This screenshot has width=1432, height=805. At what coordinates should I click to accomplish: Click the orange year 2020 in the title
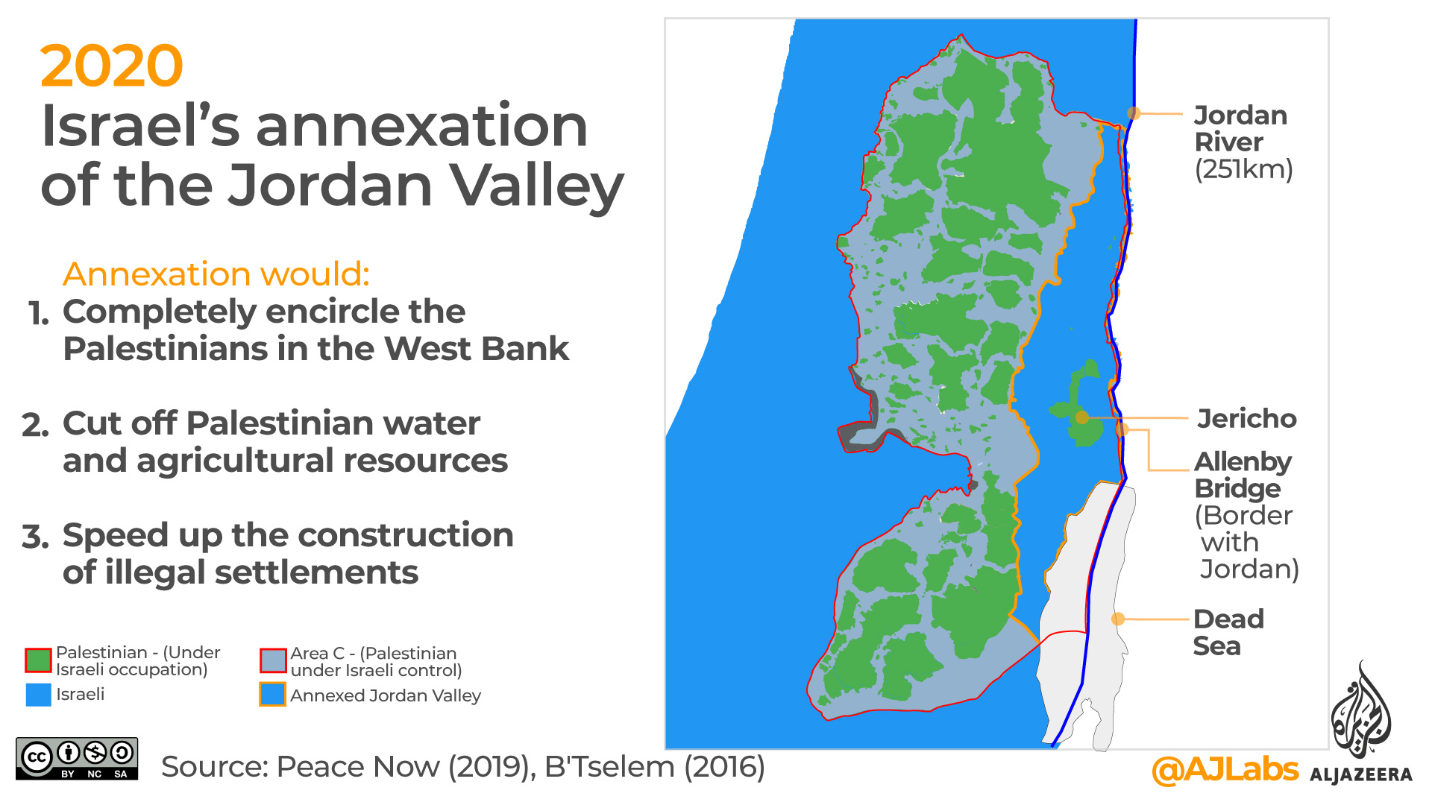tap(111, 66)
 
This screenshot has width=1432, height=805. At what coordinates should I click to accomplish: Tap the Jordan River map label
tap(1240, 128)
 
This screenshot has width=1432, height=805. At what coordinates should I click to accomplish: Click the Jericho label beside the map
tap(1246, 418)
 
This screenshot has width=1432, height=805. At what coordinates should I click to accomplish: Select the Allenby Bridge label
tap(1242, 475)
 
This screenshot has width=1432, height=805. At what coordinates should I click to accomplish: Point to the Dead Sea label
tap(1228, 632)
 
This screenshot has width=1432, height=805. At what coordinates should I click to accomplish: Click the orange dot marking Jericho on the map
tap(1082, 418)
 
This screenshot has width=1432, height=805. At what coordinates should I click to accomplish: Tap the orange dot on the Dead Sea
tap(1117, 619)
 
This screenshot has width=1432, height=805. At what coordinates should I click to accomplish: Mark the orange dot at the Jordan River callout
tap(1134, 113)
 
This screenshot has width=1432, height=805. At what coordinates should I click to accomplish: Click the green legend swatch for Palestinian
tap(38, 660)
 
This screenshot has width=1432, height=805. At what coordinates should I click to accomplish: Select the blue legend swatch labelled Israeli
tap(38, 695)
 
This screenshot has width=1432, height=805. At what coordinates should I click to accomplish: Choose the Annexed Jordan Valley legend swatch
tap(273, 695)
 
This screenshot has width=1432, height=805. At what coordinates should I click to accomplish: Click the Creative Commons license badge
tap(77, 759)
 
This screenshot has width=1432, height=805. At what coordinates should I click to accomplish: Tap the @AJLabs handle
tap(1225, 769)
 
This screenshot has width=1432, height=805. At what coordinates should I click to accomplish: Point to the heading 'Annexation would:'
tap(216, 274)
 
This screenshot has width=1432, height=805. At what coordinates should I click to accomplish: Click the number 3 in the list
tap(35, 537)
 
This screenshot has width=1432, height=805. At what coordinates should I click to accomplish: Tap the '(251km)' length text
tap(1243, 169)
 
